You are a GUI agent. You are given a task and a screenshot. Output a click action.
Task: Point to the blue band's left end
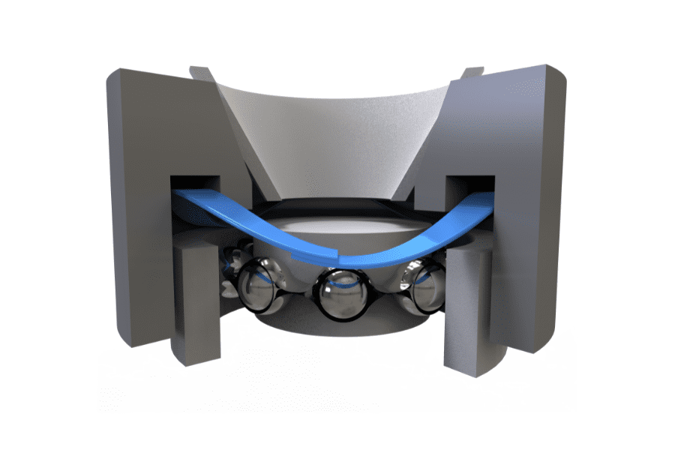180,198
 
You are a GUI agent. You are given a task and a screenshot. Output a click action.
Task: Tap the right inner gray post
469,304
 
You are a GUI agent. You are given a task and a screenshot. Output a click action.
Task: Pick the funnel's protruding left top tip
197,72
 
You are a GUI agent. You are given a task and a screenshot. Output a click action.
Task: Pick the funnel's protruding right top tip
474,72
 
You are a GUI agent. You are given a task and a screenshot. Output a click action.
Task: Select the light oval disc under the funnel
337,225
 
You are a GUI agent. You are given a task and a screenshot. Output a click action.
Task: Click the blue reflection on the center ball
339,285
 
